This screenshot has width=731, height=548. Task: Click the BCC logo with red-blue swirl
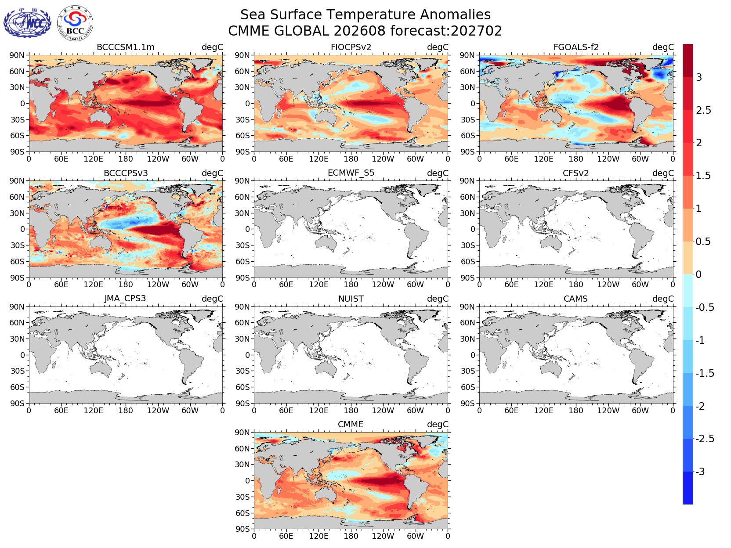75,23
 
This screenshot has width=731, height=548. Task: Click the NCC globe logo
27,23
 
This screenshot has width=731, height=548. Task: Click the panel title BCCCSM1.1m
126,47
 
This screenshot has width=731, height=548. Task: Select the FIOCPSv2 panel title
351,47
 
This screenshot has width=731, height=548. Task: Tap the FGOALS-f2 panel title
576,47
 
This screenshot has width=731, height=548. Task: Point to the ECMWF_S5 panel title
351,173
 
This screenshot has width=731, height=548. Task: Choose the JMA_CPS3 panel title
125,299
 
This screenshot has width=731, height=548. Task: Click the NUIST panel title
351,299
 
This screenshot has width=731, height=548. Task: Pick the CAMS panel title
575,299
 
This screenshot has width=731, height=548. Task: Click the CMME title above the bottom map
351,424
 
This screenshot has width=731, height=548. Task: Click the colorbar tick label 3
698,78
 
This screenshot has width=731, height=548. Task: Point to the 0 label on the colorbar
698,274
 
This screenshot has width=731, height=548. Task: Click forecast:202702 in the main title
446,31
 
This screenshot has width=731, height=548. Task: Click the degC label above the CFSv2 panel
663,173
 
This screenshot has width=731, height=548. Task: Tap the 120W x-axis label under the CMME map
383,536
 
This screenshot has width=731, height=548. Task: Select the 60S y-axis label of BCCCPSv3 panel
17,262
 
